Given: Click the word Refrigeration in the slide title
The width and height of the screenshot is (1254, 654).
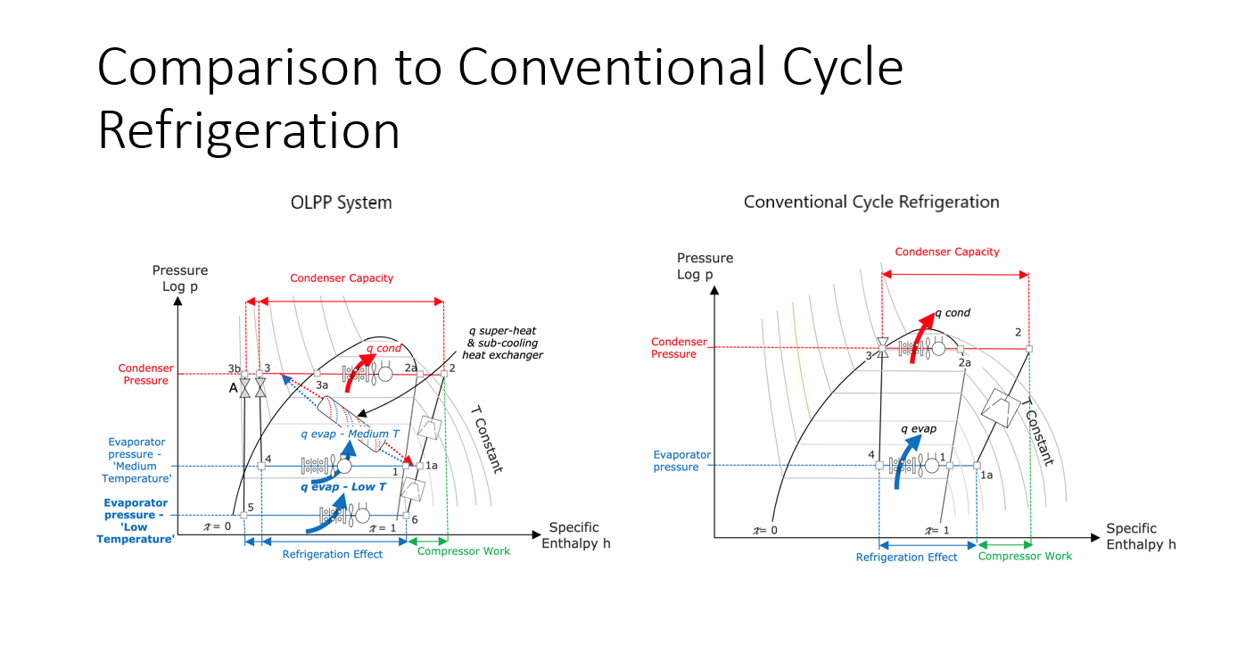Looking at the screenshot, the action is coord(249,131).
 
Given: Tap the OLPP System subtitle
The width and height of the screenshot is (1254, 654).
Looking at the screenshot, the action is coord(341,203).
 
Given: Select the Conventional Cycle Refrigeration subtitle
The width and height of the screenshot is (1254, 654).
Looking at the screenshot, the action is coord(871,202).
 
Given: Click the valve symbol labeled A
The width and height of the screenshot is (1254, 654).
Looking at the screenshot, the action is coord(244,387).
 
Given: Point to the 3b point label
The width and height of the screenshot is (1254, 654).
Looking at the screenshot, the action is coord(234,368).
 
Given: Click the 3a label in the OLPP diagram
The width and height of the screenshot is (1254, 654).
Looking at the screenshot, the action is coord(322,385).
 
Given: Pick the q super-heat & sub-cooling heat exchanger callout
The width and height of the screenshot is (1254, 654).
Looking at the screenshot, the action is coord(502,343).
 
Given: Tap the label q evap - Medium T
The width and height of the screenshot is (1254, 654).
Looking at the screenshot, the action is coord(350,434).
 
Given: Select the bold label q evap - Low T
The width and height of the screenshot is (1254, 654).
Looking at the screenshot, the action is coord(343,487).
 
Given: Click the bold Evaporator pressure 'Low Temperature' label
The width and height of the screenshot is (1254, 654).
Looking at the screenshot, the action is coord(136,521).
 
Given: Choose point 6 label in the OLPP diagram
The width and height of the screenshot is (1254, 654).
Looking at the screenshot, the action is coord(415,519).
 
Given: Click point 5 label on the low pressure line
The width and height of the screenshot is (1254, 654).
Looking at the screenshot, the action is coord(251,508).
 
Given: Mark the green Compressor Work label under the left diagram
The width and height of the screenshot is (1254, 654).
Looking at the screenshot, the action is coord(464,551).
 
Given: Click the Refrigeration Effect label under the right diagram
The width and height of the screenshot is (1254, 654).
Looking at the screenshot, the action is coord(906,557).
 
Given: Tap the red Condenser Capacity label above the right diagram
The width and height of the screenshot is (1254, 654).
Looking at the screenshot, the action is coord(946,252).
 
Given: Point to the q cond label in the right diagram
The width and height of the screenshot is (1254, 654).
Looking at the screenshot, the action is coord(953,313).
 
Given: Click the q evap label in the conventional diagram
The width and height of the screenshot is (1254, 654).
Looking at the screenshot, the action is coord(918,429).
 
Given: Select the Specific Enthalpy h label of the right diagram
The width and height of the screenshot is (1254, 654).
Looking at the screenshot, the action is coord(1141,536).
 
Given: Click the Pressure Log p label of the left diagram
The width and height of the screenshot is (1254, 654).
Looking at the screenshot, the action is coord(180,278).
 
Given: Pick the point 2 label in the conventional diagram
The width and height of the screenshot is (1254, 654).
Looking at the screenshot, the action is coord(1019,333).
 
